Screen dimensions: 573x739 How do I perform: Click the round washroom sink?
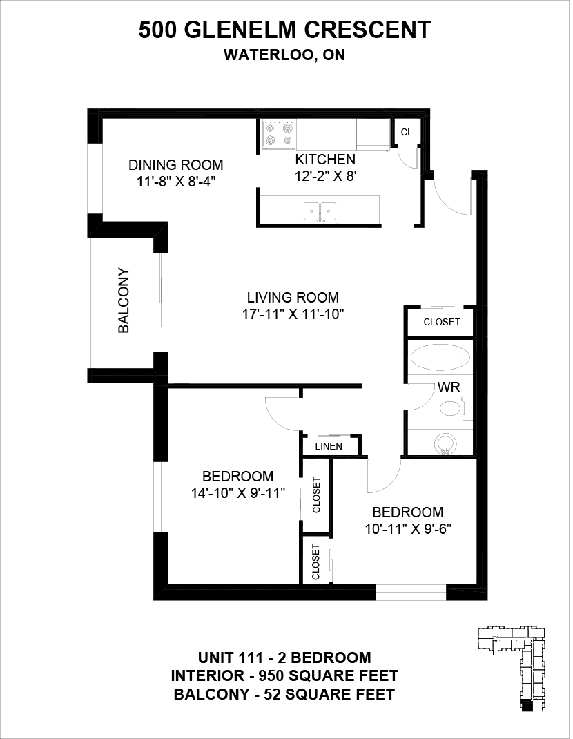coord(445,443)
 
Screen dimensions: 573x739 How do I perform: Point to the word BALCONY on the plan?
coord(124,300)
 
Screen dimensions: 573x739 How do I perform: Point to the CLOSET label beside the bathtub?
coord(442,322)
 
